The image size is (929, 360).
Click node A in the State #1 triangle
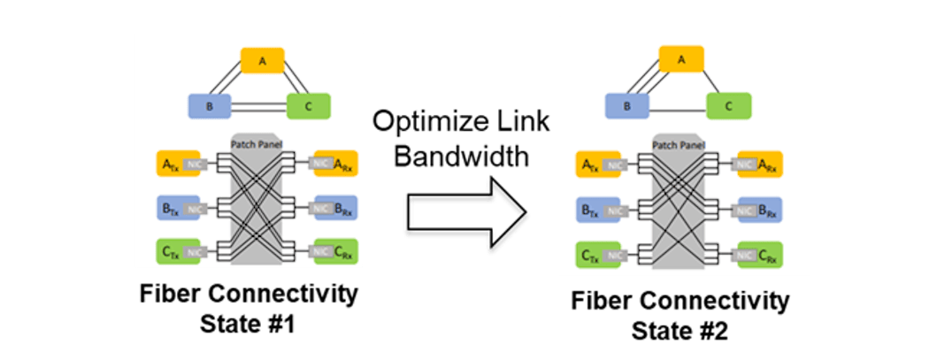pyautogui.click(x=262, y=62)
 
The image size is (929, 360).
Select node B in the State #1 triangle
pyautogui.click(x=209, y=107)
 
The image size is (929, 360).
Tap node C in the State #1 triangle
pyautogui.click(x=309, y=107)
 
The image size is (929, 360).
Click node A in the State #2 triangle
pyautogui.click(x=681, y=60)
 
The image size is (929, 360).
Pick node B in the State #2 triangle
pyautogui.click(x=627, y=106)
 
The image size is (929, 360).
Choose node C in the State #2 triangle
pyautogui.click(x=728, y=106)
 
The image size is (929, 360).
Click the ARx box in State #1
pyautogui.click(x=340, y=164)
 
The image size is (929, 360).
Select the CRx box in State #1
pyautogui.click(x=340, y=253)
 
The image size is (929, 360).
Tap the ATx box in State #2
pyautogui.click(x=589, y=165)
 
